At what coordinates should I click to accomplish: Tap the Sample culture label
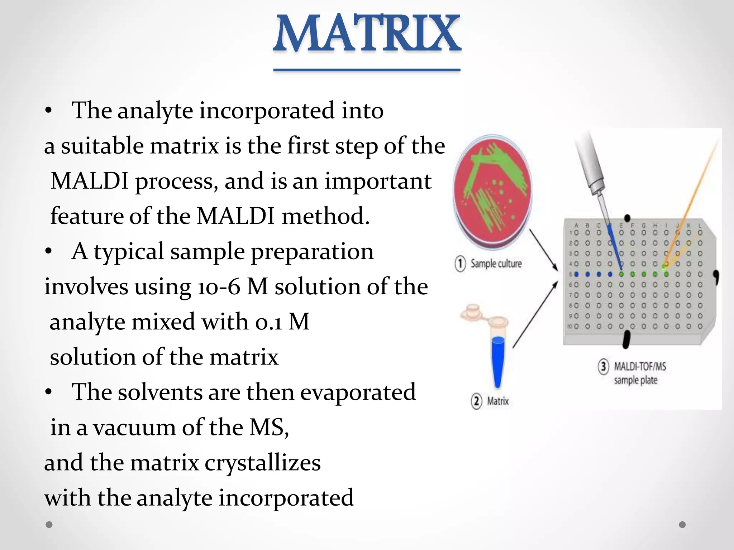(496, 264)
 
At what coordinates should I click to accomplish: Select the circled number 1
(460, 264)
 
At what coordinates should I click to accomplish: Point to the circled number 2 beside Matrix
(476, 401)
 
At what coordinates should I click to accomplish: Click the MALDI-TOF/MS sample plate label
(639, 373)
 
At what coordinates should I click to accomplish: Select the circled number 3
(604, 367)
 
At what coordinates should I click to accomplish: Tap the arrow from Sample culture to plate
(543, 250)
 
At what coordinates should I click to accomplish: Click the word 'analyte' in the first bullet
(155, 110)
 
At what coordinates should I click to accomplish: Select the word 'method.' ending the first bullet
(325, 216)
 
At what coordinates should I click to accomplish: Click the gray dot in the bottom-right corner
(682, 525)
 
